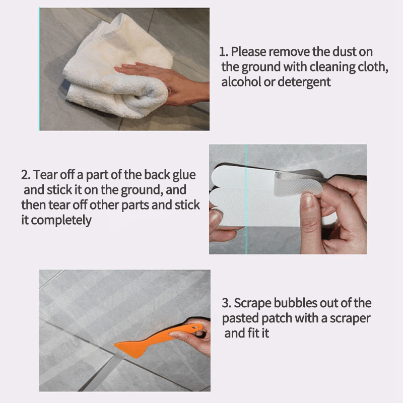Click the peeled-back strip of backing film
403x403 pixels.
tap(298, 183)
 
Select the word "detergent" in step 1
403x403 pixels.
tap(304, 83)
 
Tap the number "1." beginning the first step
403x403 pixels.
tap(224, 52)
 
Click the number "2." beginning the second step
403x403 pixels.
tap(26, 175)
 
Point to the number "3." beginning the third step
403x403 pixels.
tap(227, 303)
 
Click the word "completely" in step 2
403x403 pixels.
tap(61, 221)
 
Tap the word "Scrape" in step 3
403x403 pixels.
tap(253, 304)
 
